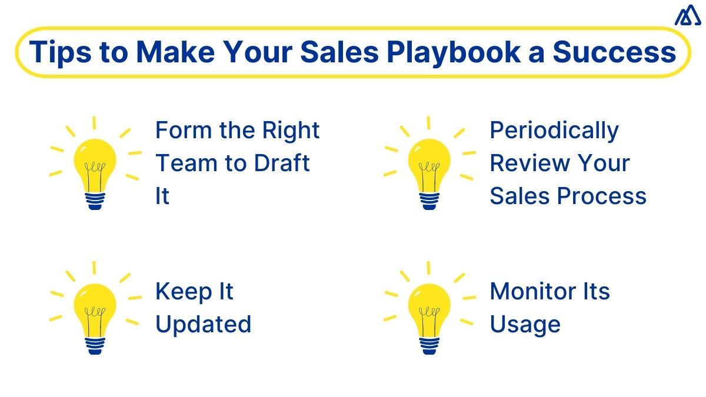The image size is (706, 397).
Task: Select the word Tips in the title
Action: pyautogui.click(x=56, y=52)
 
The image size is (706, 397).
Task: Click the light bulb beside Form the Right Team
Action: pyautogui.click(x=95, y=165)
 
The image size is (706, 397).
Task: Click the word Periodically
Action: pyautogui.click(x=554, y=131)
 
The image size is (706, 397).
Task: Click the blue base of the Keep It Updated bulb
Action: pyautogui.click(x=95, y=345)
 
